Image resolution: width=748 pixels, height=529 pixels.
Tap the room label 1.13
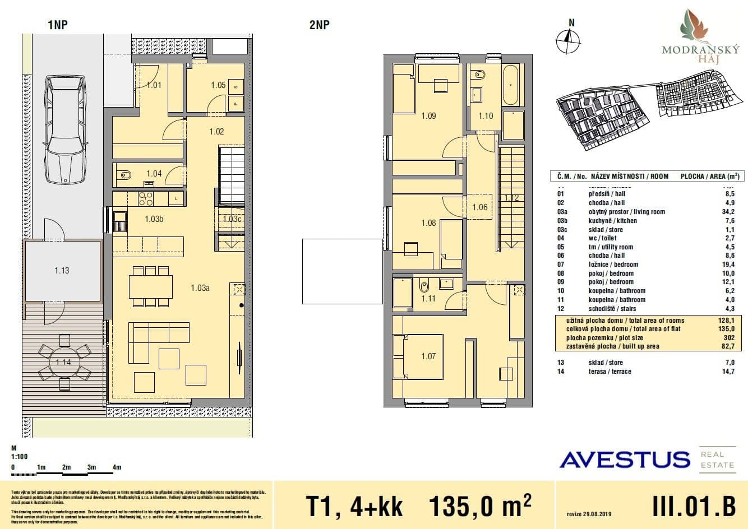(x=62, y=271)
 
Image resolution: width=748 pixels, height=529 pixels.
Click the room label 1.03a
(x=200, y=288)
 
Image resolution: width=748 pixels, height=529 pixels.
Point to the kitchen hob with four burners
(x=146, y=198)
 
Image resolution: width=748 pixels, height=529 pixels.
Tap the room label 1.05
(x=218, y=85)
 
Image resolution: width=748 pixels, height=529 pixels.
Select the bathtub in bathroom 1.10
(x=511, y=86)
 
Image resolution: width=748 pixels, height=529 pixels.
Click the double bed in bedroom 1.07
(x=418, y=357)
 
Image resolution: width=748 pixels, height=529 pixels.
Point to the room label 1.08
(x=428, y=223)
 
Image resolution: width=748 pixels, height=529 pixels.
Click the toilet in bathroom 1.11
(x=424, y=287)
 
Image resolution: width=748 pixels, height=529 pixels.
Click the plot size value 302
(x=728, y=338)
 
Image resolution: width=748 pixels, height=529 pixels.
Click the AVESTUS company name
(x=625, y=460)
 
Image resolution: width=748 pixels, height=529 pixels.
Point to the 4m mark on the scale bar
(x=117, y=467)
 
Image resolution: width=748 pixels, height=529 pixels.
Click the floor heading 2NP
(x=319, y=25)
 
